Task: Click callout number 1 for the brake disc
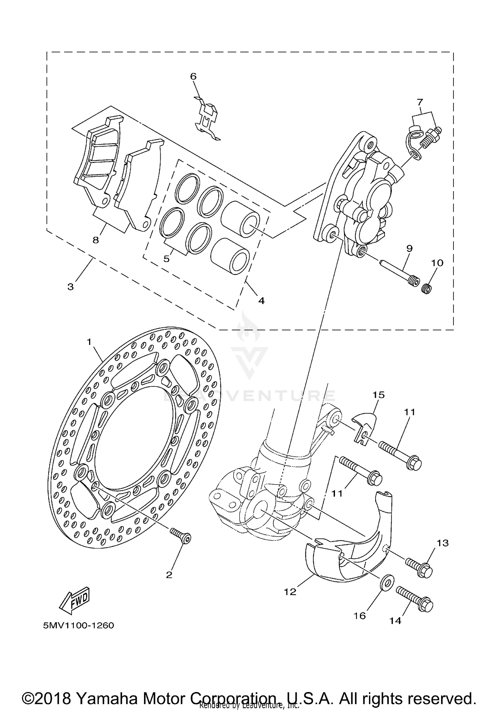pyautogui.click(x=89, y=342)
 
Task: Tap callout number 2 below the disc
pyautogui.click(x=169, y=575)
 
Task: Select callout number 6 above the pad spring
pyautogui.click(x=193, y=77)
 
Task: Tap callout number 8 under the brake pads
pyautogui.click(x=96, y=240)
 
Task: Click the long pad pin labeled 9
pyautogui.click(x=398, y=271)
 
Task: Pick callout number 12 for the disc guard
pyautogui.click(x=290, y=592)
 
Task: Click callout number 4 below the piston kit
pyautogui.click(x=261, y=301)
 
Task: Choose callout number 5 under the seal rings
pyautogui.click(x=167, y=259)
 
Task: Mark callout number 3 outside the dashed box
pyautogui.click(x=71, y=287)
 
